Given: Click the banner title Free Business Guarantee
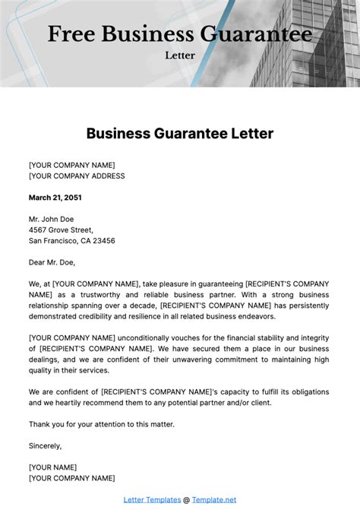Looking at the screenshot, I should click(180, 35).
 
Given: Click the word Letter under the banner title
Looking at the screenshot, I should click(180, 55).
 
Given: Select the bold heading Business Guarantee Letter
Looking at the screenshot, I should click(180, 134).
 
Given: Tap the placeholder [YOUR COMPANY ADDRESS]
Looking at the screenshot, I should click(77, 176).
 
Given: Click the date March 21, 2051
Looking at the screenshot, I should click(55, 197).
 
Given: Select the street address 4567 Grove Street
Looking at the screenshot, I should click(61, 230).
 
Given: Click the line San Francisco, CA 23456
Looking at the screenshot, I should click(72, 240).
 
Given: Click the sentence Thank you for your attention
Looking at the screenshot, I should click(101, 423).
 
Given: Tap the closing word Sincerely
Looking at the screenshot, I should click(45, 445).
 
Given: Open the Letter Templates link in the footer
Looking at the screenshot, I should click(152, 499).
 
